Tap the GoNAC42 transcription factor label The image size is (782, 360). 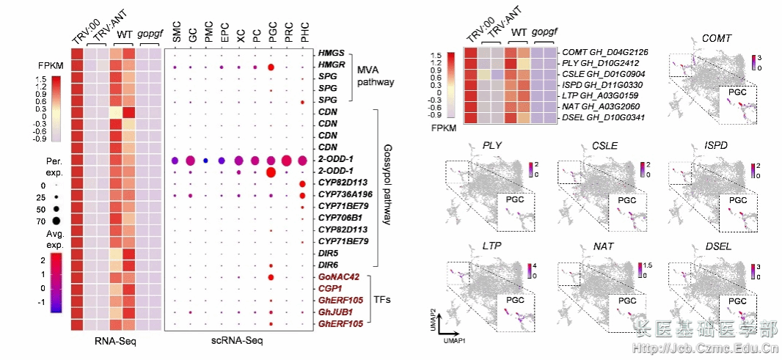click(x=340, y=277)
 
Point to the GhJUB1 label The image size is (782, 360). click(x=337, y=312)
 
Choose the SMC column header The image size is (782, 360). click(x=177, y=33)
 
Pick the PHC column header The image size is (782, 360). click(x=304, y=33)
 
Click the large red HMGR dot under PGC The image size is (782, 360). click(x=271, y=67)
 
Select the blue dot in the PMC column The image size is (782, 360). click(x=206, y=161)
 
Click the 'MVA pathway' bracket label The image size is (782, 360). click(x=376, y=76)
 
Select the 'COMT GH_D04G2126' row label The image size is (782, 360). click(x=606, y=53)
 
